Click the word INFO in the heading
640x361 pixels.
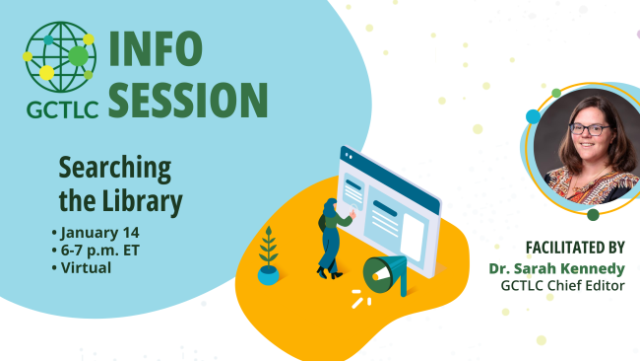tap(155, 48)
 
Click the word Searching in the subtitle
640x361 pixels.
tap(115, 166)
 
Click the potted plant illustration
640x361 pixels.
tap(268, 255)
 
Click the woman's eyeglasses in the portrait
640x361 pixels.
tap(589, 129)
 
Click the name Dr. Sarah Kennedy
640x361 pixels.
tap(556, 267)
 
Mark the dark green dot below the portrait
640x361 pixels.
tap(593, 214)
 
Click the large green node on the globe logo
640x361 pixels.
tap(78, 56)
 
